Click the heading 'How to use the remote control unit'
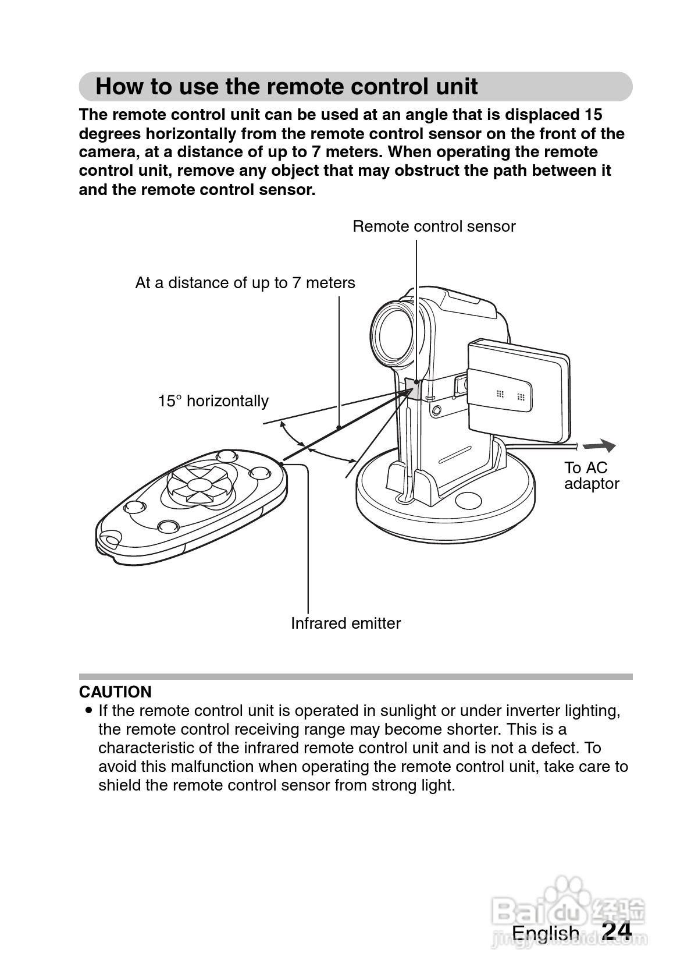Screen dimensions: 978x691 (x=286, y=87)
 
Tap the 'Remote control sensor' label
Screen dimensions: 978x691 (x=434, y=226)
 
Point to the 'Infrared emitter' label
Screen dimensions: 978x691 (x=345, y=623)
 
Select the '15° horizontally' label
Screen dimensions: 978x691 (x=213, y=401)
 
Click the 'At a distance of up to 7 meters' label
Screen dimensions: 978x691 (x=245, y=283)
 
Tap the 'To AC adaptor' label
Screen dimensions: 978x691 (x=591, y=476)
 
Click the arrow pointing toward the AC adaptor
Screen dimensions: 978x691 (x=599, y=447)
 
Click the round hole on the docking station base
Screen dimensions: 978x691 (x=468, y=499)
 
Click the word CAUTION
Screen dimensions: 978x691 (x=115, y=692)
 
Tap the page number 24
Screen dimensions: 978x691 (x=617, y=931)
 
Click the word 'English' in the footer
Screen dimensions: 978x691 (x=545, y=933)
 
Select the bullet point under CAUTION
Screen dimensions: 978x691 (x=88, y=711)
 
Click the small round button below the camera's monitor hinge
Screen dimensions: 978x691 (x=436, y=411)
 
